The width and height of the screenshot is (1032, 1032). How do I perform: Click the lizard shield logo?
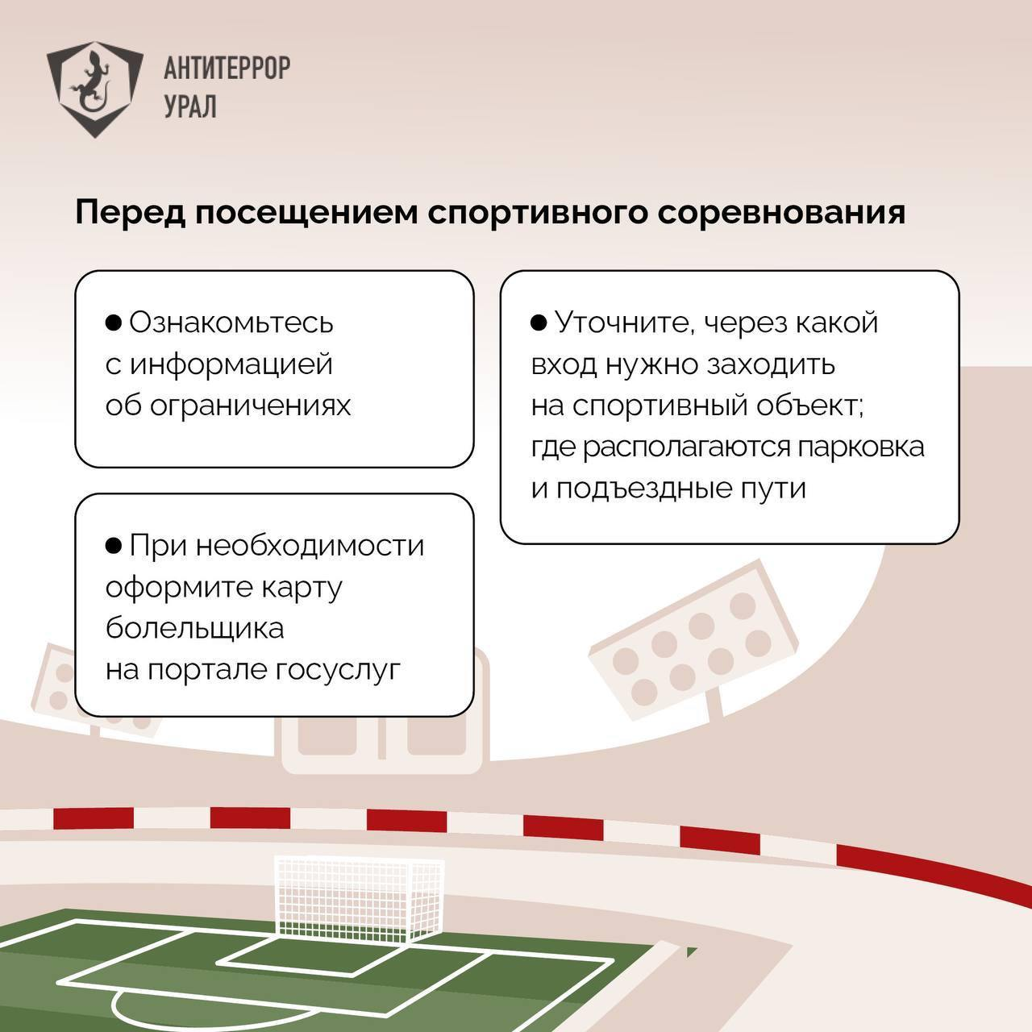coord(94,87)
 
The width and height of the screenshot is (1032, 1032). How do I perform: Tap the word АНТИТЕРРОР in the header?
coord(227,69)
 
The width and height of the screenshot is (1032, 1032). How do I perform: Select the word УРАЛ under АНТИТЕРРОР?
coord(190,106)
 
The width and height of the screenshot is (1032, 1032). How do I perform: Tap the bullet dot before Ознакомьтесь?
coord(114,322)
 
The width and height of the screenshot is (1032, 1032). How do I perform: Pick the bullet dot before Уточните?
coord(539,322)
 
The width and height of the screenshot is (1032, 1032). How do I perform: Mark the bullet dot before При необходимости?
coord(114,546)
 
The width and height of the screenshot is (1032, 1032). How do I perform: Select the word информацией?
coord(231,364)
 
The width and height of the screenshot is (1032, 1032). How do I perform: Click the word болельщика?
coord(194,628)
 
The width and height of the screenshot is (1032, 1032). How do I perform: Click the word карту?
coord(302,587)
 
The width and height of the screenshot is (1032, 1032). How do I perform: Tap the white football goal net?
coord(360,894)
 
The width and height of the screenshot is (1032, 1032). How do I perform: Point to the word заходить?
coord(772,364)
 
